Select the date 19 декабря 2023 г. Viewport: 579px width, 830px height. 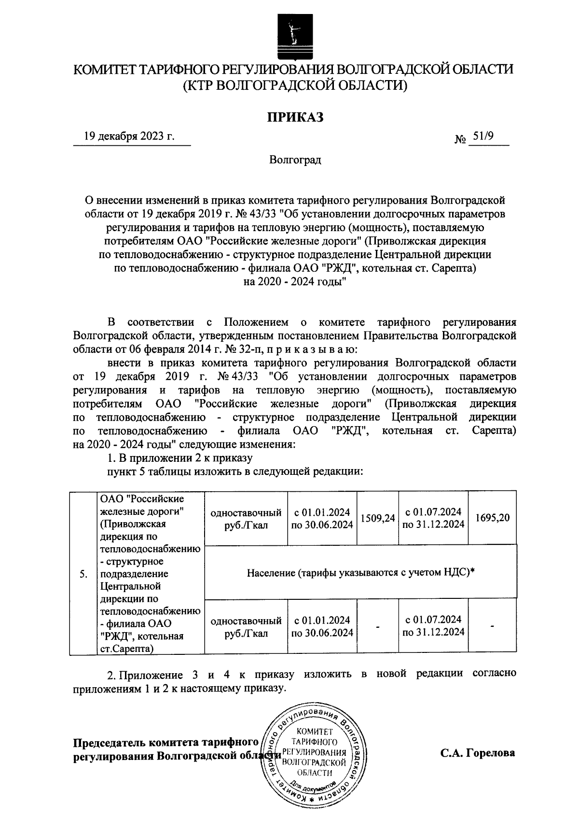pos(129,137)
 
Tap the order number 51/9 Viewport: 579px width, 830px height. pos(483,137)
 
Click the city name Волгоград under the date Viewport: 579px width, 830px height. pos(295,160)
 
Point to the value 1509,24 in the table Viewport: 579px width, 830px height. pos(377,518)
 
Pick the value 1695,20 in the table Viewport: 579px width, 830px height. pos(492,518)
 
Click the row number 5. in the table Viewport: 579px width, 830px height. pos(83,574)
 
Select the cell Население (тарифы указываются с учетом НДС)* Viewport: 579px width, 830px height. pos(361,573)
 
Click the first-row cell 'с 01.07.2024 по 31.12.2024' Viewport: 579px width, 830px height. pos(433,518)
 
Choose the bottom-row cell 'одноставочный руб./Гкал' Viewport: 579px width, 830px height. pos(246,626)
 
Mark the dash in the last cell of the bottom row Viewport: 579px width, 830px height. pos(492,626)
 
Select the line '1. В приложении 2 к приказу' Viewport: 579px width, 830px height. pos(179,457)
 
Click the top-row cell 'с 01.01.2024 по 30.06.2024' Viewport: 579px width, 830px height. pos(322,518)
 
